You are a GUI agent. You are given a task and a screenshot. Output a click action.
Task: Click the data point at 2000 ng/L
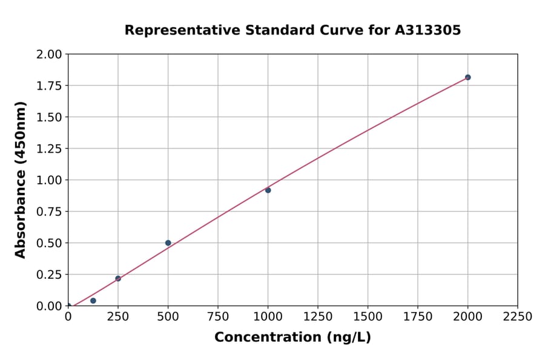click(x=467, y=78)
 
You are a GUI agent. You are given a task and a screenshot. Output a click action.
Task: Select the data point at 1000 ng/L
click(x=268, y=190)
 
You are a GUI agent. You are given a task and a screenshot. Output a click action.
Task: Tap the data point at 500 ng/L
click(x=168, y=243)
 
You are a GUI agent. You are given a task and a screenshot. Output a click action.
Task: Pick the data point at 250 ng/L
click(x=118, y=279)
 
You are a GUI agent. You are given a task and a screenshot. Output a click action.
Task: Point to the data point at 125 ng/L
click(x=93, y=301)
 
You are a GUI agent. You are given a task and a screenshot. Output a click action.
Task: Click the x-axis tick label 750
click(x=218, y=317)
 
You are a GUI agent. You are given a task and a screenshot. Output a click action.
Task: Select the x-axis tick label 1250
click(x=318, y=317)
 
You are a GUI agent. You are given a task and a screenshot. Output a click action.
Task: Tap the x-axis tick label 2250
click(x=518, y=317)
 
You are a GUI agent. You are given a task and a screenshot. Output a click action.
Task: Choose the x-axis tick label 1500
click(x=368, y=317)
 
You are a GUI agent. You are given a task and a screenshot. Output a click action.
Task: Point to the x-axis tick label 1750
click(x=418, y=317)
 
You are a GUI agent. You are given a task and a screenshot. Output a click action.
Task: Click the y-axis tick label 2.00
click(x=49, y=55)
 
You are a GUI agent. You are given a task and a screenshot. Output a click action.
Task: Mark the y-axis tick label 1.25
click(x=49, y=148)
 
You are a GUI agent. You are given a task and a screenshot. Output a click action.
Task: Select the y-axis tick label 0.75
click(x=49, y=212)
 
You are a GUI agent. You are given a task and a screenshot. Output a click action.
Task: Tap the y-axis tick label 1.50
click(x=49, y=117)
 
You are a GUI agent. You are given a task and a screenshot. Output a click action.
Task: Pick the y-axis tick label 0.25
click(x=49, y=275)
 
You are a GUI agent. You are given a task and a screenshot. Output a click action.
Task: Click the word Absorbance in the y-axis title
click(x=21, y=206)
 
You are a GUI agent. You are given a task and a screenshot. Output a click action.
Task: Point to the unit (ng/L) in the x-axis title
click(x=348, y=338)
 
